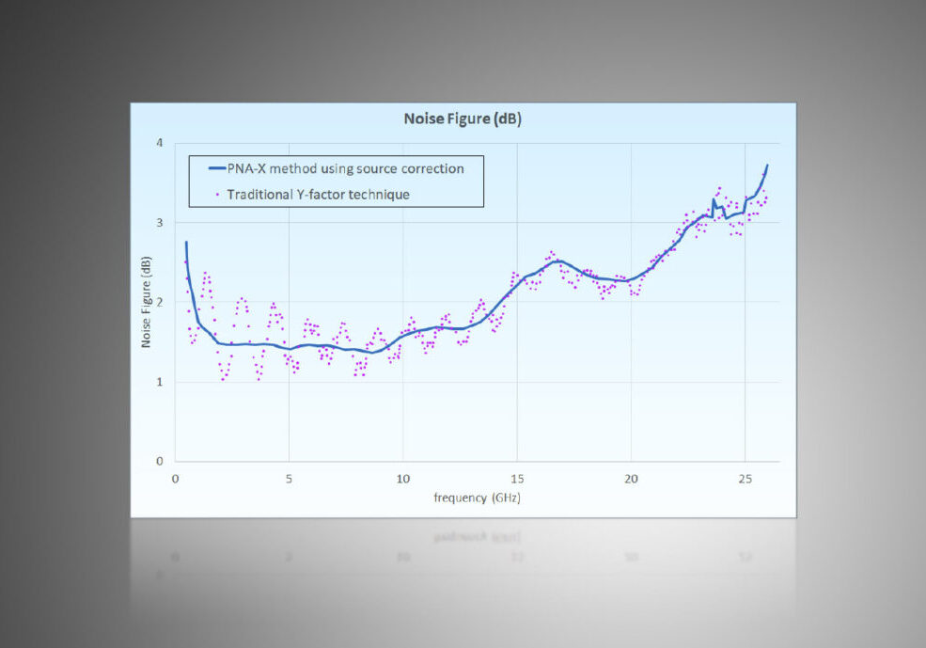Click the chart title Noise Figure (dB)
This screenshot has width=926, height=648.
(x=463, y=119)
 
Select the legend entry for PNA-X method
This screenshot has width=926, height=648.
(x=345, y=168)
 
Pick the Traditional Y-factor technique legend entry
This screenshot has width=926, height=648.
(x=318, y=194)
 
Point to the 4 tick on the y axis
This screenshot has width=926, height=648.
(x=159, y=143)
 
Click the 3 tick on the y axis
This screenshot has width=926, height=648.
(x=159, y=223)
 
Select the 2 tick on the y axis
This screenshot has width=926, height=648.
(x=159, y=303)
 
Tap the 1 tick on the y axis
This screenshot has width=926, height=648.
(x=159, y=382)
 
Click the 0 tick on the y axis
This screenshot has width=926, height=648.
(x=159, y=462)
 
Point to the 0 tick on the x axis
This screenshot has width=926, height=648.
(x=175, y=479)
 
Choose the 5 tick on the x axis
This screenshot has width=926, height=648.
(x=289, y=479)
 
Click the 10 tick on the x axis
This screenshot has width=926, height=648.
(x=402, y=479)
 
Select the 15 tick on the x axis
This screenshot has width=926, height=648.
(x=516, y=479)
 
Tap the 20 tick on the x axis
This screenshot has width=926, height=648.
(x=631, y=479)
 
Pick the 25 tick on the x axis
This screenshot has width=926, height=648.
(x=745, y=479)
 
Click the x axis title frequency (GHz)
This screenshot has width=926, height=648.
(x=477, y=498)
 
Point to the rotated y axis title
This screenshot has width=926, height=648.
(x=147, y=303)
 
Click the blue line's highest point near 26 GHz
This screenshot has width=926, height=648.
(x=767, y=166)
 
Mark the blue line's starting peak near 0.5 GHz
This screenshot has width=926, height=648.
(x=186, y=243)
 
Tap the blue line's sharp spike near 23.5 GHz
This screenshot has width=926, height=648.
(x=714, y=200)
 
